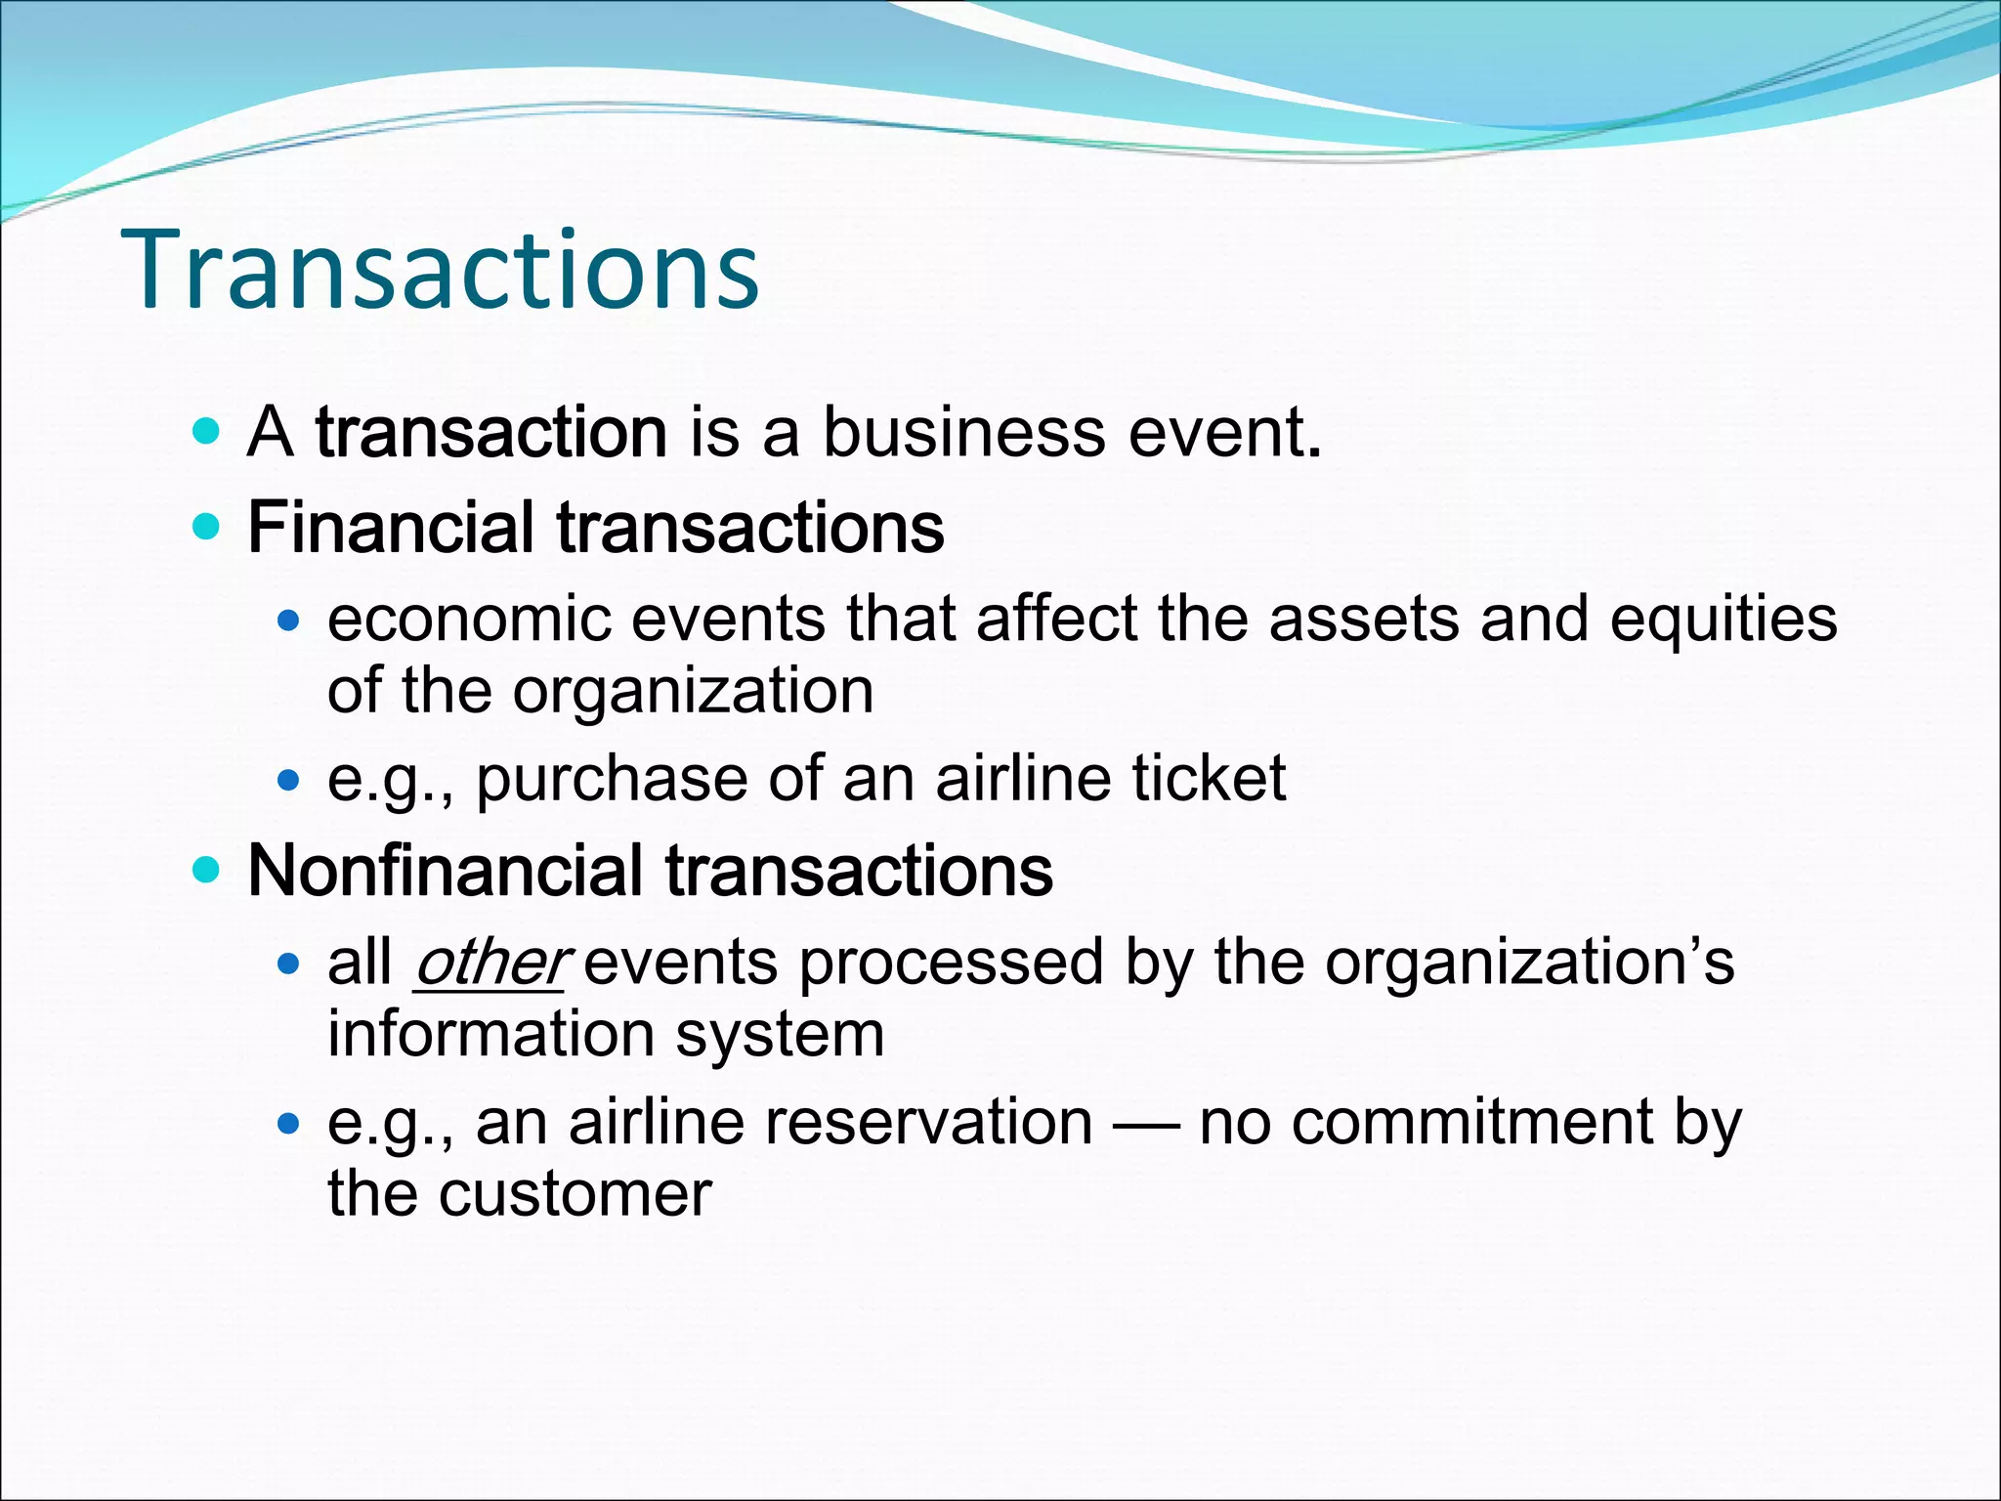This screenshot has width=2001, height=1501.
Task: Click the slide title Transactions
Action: click(x=440, y=269)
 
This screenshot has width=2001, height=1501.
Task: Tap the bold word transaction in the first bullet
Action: click(x=491, y=432)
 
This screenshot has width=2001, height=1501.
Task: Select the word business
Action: click(x=964, y=432)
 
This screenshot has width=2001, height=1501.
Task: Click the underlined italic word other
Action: click(x=490, y=963)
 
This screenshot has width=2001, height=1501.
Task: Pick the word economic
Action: click(x=470, y=621)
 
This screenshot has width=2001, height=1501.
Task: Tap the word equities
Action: click(x=1724, y=621)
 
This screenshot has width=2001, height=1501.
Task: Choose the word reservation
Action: click(x=928, y=1122)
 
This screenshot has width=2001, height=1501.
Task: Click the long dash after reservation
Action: click(x=1146, y=1124)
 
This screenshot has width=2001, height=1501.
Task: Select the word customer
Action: click(x=575, y=1194)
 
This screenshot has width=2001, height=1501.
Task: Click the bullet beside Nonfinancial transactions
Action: click(x=207, y=870)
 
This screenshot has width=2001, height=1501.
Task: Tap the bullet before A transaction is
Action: click(x=207, y=431)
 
